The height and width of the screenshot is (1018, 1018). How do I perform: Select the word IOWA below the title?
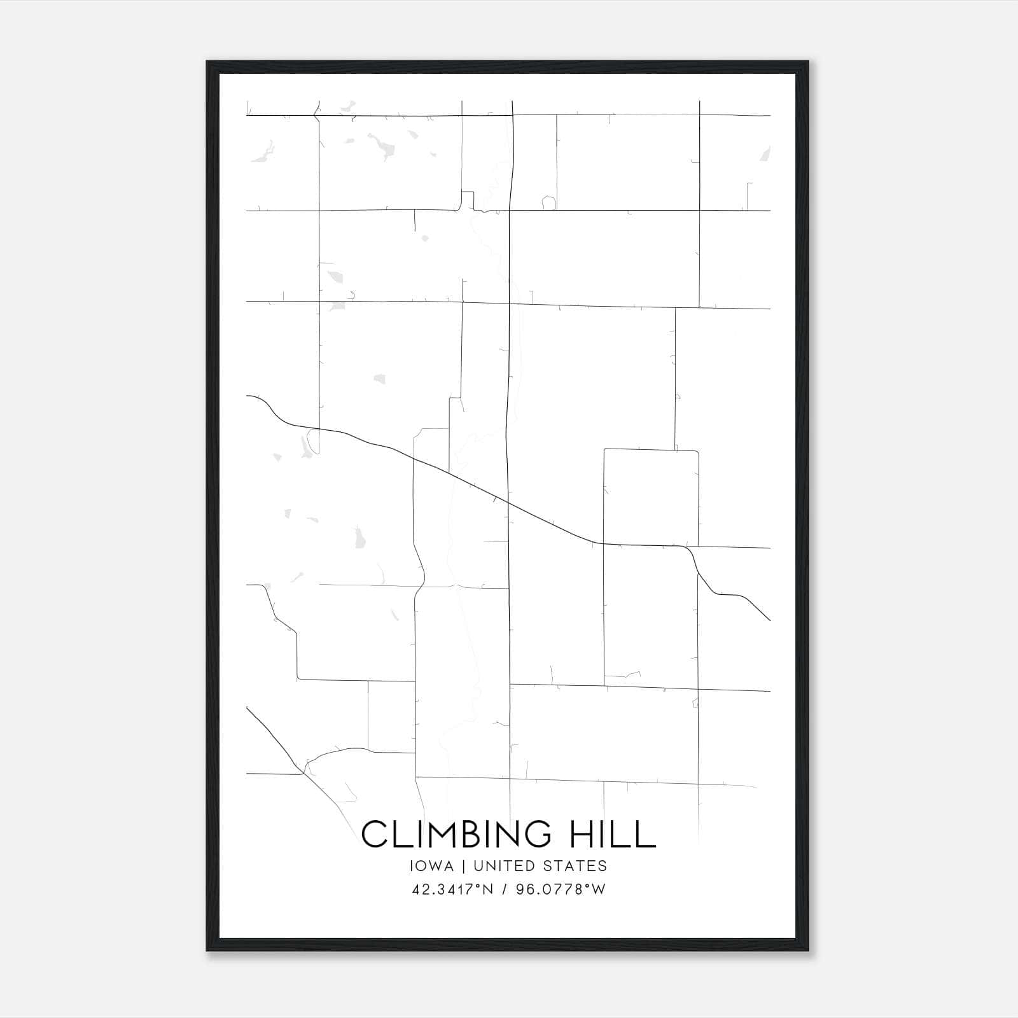(x=431, y=866)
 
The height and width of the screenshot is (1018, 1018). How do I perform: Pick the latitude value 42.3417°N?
(x=452, y=889)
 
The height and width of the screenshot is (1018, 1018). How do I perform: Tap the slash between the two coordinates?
(x=505, y=889)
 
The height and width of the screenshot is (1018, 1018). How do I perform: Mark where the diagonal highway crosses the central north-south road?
(x=508, y=503)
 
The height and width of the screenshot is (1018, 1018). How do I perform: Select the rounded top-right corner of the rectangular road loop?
(x=697, y=452)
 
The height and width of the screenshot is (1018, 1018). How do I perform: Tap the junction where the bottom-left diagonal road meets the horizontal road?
(x=302, y=774)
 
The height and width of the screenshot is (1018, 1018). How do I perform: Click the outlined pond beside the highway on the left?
(x=312, y=440)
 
